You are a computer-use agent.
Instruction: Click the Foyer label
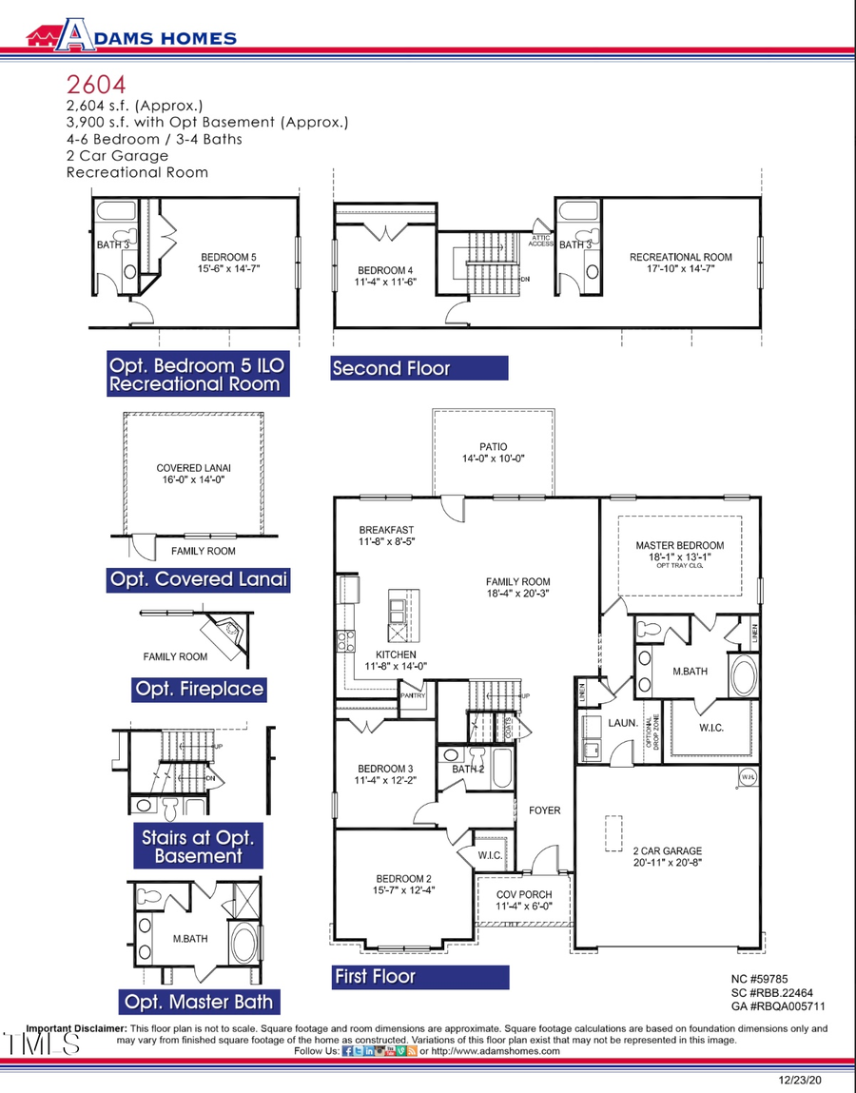tap(545, 810)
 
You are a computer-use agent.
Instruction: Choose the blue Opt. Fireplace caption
tap(199, 689)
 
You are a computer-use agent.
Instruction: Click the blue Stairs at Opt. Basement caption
tap(198, 847)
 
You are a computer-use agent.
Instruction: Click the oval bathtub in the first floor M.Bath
tap(742, 676)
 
